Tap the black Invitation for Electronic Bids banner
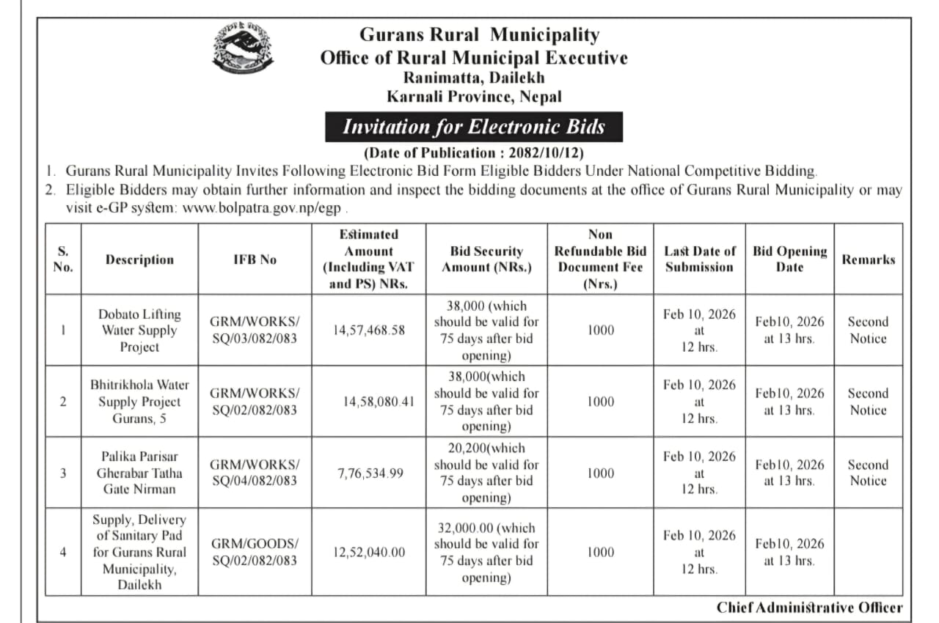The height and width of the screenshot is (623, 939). coord(474,127)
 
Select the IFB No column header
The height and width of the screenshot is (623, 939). coord(255,259)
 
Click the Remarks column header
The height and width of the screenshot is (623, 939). coord(868,259)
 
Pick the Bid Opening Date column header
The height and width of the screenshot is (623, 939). coord(789,259)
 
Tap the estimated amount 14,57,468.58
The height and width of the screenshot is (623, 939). coord(369,331)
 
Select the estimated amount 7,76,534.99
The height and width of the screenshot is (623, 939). coord(370,473)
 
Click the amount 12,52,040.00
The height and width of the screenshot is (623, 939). coord(369,553)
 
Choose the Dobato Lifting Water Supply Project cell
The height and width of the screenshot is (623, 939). coord(139,331)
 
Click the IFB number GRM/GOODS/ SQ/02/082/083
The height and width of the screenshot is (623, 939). coord(255,552)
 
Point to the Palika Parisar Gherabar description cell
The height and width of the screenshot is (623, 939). coord(139,473)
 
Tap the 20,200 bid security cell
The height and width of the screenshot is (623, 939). coord(486,473)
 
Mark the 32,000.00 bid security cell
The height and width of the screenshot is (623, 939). coord(486,553)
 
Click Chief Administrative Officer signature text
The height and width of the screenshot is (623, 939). coord(810,608)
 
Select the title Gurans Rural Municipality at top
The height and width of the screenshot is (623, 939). coord(479,34)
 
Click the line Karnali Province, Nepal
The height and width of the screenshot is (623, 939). coord(474,96)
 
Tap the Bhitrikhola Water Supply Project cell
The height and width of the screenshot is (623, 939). coord(139,402)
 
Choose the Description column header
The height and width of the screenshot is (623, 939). coord(139,259)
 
